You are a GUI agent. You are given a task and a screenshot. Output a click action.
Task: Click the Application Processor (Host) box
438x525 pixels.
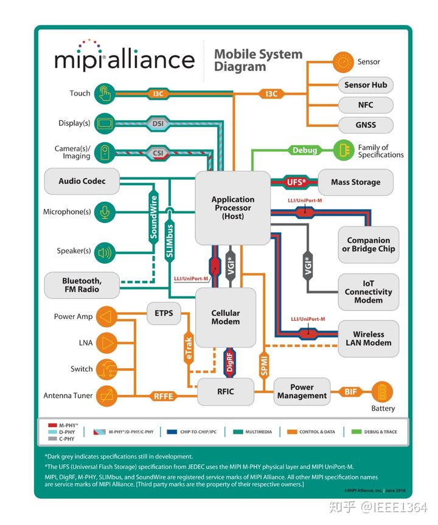coord(232,208)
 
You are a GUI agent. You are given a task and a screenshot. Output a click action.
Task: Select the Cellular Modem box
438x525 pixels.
coord(225,317)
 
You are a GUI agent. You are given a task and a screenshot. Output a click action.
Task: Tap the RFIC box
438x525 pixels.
coord(225,392)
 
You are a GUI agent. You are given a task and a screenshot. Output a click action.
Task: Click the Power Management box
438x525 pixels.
coord(302,392)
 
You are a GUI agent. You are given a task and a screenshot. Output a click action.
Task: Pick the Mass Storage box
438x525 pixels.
coord(355,182)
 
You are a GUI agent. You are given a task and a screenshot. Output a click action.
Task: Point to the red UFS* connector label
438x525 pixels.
coord(296,182)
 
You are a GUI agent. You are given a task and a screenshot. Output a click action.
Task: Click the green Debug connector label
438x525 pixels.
coord(304,150)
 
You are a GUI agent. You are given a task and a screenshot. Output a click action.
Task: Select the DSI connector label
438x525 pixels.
coord(158,123)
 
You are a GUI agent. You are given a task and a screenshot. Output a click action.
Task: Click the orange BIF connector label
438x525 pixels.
coord(350,392)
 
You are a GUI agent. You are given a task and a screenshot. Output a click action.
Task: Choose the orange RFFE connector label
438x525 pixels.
coord(163,396)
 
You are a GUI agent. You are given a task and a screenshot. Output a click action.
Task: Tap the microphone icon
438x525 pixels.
coord(105,212)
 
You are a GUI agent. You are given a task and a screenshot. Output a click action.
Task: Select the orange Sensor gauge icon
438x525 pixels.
coord(343,61)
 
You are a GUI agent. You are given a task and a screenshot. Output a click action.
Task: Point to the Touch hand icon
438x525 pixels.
coord(105,94)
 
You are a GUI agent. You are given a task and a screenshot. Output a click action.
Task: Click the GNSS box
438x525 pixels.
coord(366,125)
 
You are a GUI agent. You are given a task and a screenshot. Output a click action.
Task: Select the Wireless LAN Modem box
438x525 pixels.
coord(368,338)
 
